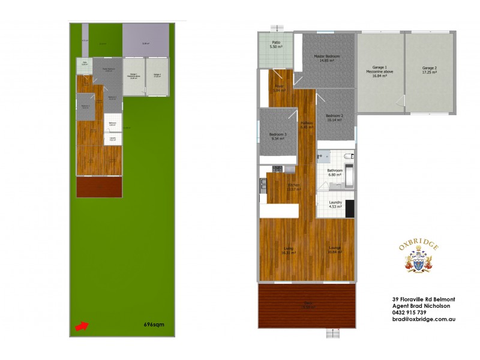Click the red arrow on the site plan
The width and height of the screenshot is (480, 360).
pyautogui.click(x=81, y=326)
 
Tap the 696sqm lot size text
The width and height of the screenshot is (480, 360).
pyautogui.click(x=154, y=325)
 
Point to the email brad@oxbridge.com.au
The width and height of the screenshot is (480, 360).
pyautogui.click(x=424, y=319)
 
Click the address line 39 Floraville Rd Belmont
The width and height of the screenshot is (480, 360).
pyautogui.click(x=423, y=299)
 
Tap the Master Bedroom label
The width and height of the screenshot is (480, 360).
pyautogui.click(x=327, y=56)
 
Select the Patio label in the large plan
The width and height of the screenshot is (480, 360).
pyautogui.click(x=276, y=43)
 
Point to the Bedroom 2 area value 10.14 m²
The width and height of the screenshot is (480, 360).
pyautogui.click(x=334, y=120)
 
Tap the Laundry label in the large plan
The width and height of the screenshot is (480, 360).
pyautogui.click(x=335, y=202)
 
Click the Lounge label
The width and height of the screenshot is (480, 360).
pyautogui.click(x=335, y=248)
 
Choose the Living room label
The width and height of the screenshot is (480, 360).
pyautogui.click(x=289, y=248)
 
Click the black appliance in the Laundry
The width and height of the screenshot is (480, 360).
pyautogui.click(x=350, y=208)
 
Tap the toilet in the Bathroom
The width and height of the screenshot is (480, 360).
pyautogui.click(x=349, y=157)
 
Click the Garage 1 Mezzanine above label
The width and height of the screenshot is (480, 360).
pyautogui.click(x=380, y=71)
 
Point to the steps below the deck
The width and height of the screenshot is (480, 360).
pyautogui.click(x=332, y=333)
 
